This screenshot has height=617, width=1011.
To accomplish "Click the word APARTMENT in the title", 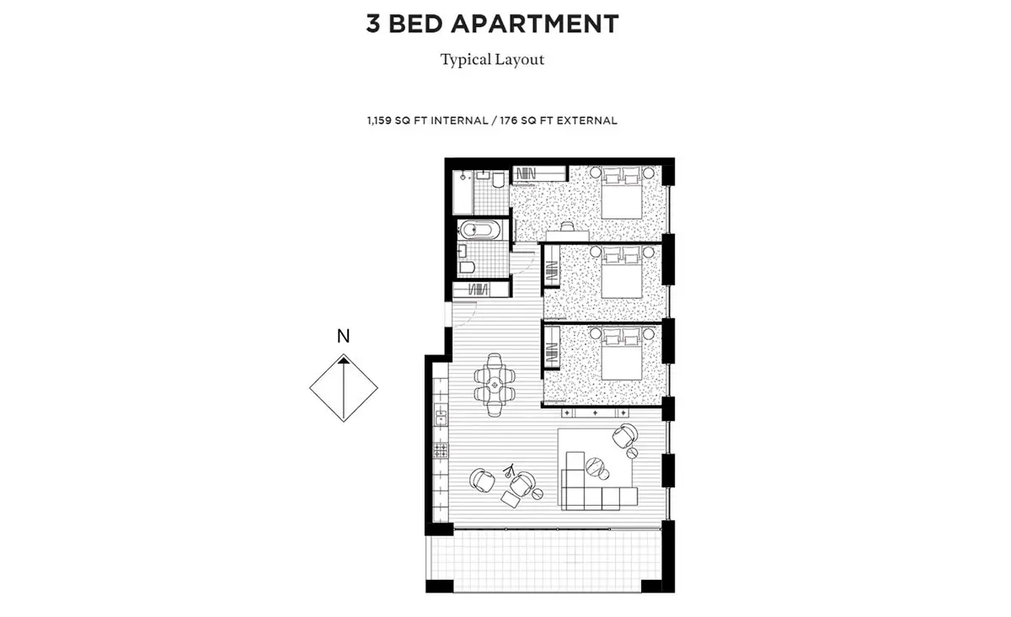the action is click(534, 24).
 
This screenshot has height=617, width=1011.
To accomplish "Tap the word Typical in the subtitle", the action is click(466, 60).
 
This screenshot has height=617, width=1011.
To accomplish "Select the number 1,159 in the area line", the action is click(379, 120).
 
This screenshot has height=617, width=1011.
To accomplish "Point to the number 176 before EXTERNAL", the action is click(508, 120).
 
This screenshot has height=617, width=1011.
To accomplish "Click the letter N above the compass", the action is click(344, 336).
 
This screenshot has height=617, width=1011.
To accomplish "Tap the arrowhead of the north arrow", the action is click(344, 360).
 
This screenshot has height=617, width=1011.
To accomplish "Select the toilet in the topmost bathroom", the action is click(498, 179).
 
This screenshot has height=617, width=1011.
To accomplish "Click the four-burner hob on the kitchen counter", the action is click(441, 449).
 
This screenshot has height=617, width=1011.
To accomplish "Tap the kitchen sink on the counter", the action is click(441, 414).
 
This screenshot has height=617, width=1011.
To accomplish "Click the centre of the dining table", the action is click(495, 385).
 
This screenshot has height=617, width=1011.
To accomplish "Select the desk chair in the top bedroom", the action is click(567, 226).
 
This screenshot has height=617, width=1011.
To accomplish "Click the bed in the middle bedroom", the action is click(622, 272).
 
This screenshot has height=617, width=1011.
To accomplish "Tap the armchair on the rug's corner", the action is click(625, 436).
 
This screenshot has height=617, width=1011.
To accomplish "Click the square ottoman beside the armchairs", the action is click(511, 499).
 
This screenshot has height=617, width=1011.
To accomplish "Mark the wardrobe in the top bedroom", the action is click(539, 173).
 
